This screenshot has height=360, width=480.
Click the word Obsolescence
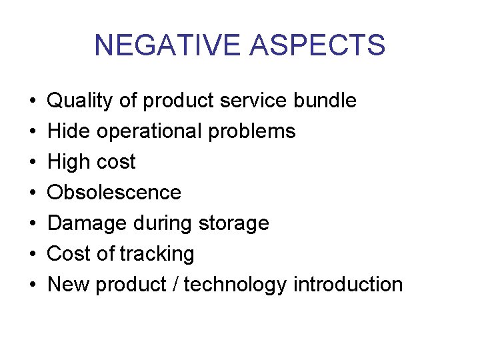tap(114, 193)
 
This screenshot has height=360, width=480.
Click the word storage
tap(235, 224)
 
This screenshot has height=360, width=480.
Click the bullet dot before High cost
tap(33, 163)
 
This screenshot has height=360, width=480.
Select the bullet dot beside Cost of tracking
tap(33, 255)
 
